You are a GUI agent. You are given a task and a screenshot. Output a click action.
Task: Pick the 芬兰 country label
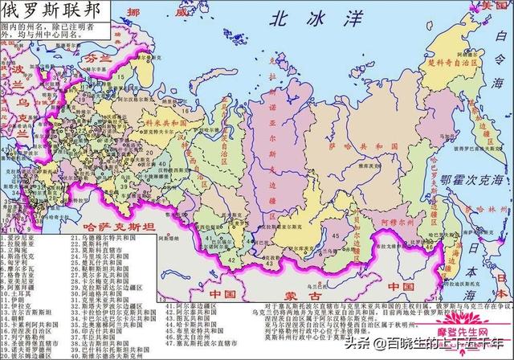coord(99,59)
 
